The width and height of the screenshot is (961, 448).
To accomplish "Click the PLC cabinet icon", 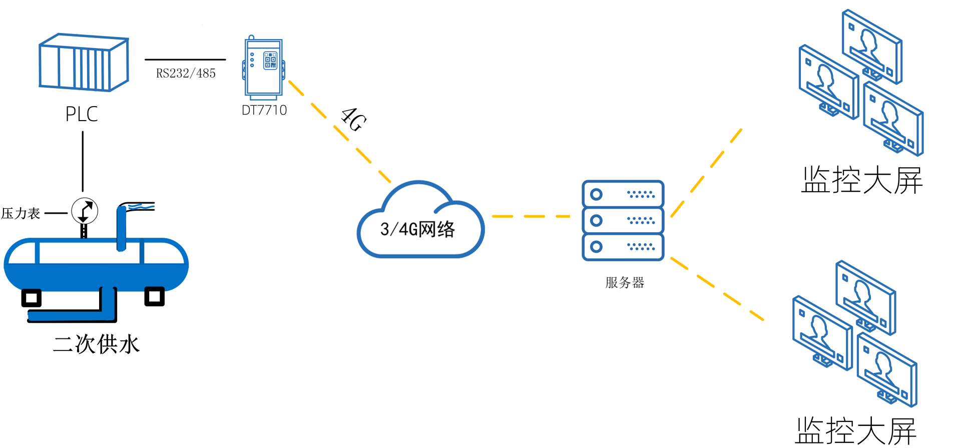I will pyautogui.click(x=84, y=63).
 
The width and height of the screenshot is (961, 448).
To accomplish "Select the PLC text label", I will pyautogui.click(x=82, y=114).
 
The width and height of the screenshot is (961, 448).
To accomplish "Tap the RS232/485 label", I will pyautogui.click(x=186, y=74).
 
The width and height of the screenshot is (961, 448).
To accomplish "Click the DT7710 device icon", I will pyautogui.click(x=264, y=68).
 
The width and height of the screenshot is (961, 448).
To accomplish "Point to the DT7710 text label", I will pyautogui.click(x=264, y=110).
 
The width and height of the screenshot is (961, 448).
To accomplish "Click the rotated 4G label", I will pyautogui.click(x=354, y=120).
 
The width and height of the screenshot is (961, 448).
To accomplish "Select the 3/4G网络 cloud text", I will pyautogui.click(x=417, y=229).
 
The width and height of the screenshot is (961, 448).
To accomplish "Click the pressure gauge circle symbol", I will pyautogui.click(x=85, y=211).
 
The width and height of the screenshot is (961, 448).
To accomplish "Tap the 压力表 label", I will pyautogui.click(x=21, y=214).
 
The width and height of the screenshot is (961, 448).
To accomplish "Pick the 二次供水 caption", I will pyautogui.click(x=97, y=344).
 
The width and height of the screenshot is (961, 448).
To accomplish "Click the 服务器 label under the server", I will pyautogui.click(x=625, y=283).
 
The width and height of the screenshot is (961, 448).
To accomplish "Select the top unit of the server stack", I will pyautogui.click(x=623, y=194).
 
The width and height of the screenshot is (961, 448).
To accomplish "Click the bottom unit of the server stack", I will pyautogui.click(x=623, y=247).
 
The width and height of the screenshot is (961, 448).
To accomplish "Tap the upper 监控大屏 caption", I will pyautogui.click(x=862, y=180).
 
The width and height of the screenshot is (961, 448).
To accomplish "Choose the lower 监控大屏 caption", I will pyautogui.click(x=856, y=430).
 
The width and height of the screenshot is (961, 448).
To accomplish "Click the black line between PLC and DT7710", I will pyautogui.click(x=185, y=60).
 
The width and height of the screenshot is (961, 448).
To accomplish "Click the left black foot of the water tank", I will pyautogui.click(x=31, y=298).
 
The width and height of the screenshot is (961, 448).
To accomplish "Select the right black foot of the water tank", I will pyautogui.click(x=154, y=296).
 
